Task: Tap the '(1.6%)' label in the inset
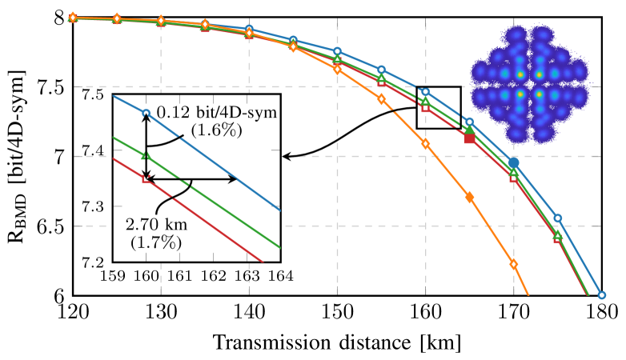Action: point(217,130)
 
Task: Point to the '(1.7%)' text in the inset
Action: point(155,242)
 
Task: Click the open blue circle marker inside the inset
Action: point(146,113)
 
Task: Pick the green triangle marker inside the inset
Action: point(146,155)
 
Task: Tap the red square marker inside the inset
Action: point(146,179)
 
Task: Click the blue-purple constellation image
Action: point(530,84)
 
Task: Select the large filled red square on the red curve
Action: point(470,138)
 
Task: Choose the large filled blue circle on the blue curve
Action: point(514,162)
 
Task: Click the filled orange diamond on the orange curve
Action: point(470,196)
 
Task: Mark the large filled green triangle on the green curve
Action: point(470,129)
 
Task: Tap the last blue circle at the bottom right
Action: point(602,295)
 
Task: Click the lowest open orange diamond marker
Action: point(514,264)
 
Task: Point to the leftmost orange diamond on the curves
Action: point(73,17)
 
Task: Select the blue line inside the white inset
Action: point(240,176)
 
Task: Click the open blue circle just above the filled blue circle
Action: point(470,122)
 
